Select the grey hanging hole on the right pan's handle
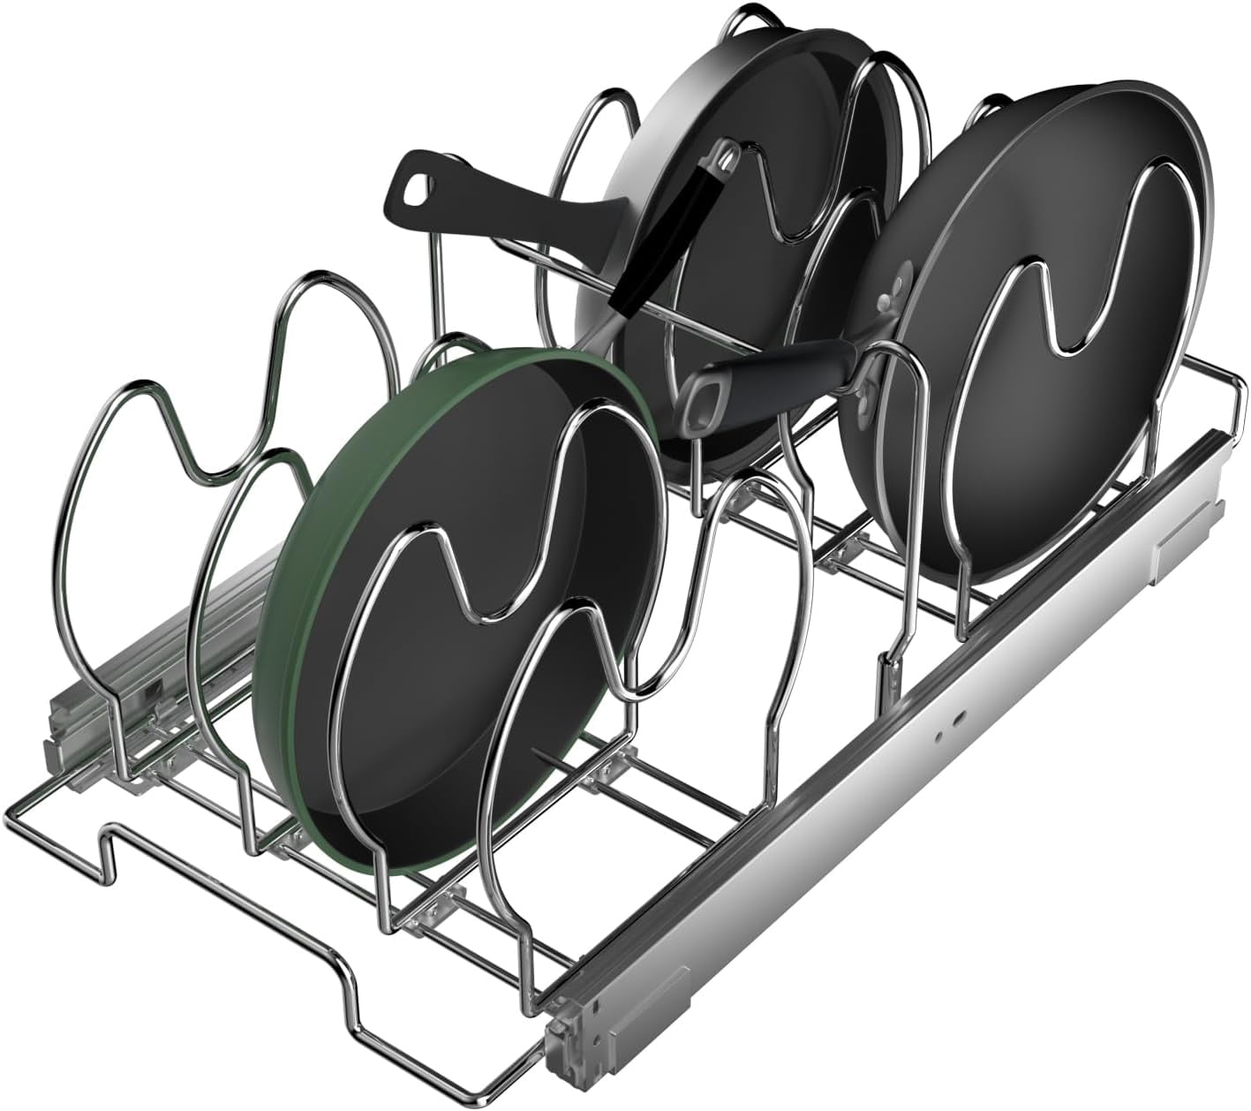[704, 395]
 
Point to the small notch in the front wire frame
[115, 848]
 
